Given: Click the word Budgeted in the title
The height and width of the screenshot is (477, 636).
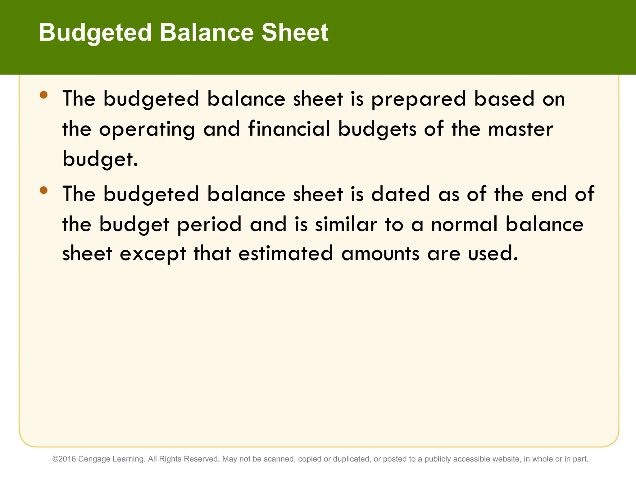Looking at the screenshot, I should coord(95,33).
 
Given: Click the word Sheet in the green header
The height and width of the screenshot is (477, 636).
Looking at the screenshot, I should coord(295,33).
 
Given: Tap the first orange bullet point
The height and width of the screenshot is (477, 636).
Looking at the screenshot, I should coord(44,95).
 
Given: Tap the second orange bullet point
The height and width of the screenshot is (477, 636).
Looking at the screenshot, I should coord(44,190).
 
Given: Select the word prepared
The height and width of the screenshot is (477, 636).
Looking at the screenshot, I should coord(419,99).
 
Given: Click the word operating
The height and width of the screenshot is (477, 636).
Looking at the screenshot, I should coord(147,129).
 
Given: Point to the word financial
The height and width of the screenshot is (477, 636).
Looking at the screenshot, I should coord(289,129).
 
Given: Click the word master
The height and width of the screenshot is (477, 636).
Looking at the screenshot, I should coord(520,129).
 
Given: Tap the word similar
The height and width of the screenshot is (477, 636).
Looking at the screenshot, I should coord(346,224).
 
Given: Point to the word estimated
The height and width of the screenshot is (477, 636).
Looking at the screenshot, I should coord(286,254).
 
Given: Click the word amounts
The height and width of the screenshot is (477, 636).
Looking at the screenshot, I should coord(380,254).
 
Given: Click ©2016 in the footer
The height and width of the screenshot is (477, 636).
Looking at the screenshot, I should coord(64,459).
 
